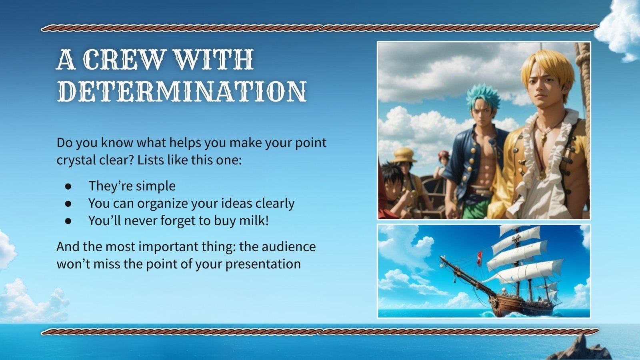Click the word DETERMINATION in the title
coord(182,92)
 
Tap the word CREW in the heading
coord(124,60)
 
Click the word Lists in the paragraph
coord(151,160)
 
